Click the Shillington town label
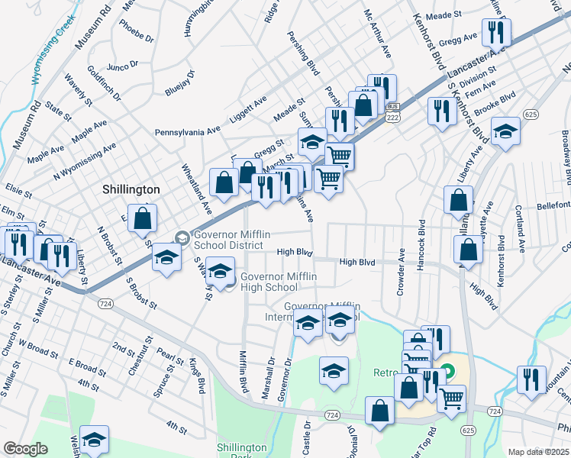point(131,189)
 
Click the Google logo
point(25,449)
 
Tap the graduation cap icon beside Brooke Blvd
point(505,132)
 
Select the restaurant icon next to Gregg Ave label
point(497,33)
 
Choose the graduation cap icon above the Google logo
point(95,440)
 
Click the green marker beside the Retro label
point(449,373)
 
